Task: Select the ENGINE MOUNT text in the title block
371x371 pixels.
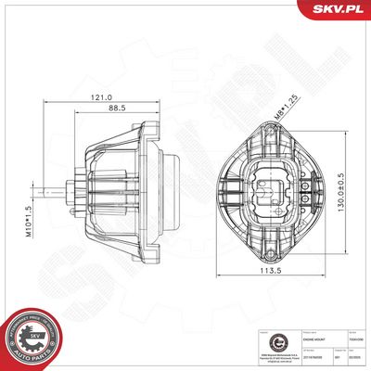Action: [x=288, y=341]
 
